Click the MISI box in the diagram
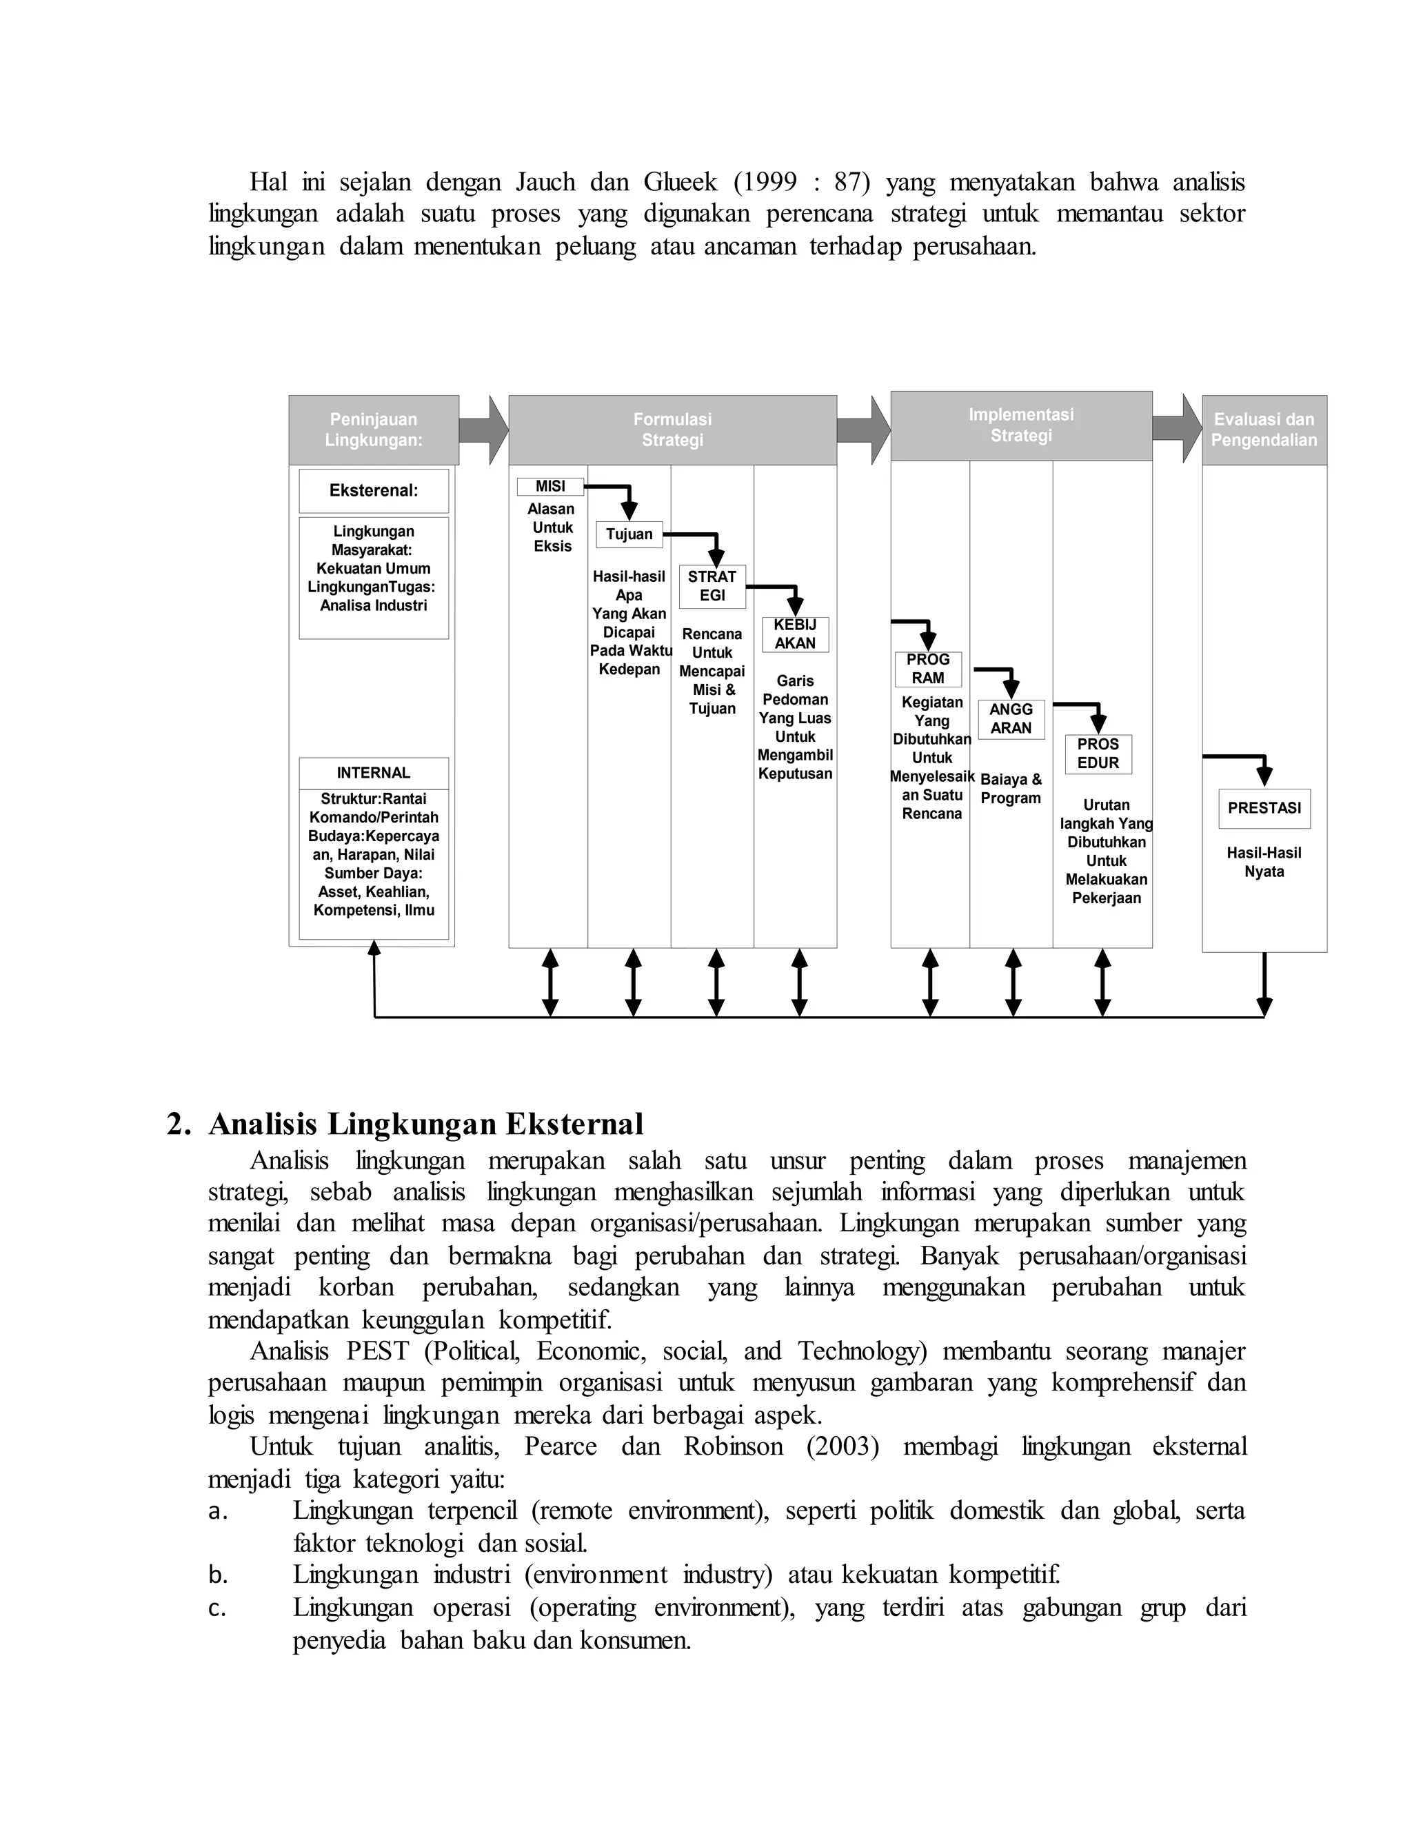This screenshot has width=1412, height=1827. point(549,486)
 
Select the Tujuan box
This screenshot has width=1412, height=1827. point(629,534)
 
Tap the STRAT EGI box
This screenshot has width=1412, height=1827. point(712,585)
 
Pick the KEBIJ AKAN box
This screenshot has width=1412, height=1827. point(795,634)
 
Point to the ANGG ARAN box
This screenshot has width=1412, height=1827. point(1011,718)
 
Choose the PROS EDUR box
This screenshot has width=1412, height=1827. point(1098,754)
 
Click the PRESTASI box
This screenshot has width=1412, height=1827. point(1264,808)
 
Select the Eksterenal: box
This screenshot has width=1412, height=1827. point(373,490)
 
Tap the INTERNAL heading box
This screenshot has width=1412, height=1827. point(373,773)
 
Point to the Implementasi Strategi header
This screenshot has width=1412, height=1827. point(1020,425)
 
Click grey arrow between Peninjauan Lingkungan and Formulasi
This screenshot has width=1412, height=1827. point(483,430)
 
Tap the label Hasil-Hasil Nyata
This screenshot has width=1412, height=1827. point(1264,862)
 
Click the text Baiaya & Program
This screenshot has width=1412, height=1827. point(1011,788)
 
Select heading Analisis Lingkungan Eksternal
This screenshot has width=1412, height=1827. point(426,1124)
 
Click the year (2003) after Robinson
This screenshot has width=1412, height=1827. point(843,1446)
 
